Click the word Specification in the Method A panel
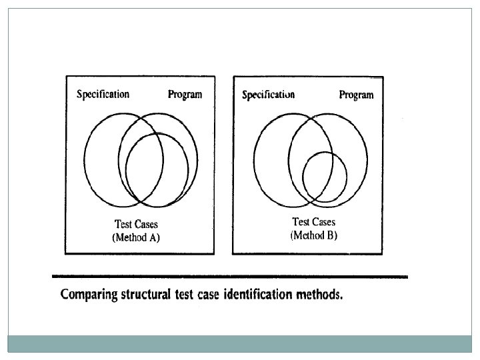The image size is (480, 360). click(x=103, y=94)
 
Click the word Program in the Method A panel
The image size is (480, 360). click(x=185, y=95)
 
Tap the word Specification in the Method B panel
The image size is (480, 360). click(x=268, y=95)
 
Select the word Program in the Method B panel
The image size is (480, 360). click(x=356, y=95)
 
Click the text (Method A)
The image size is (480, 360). click(x=136, y=237)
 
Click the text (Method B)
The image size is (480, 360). click(x=314, y=235)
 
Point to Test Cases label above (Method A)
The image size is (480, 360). click(x=136, y=225)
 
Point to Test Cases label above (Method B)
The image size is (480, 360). click(x=314, y=223)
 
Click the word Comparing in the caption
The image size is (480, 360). click(x=87, y=295)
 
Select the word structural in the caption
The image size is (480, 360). click(x=146, y=294)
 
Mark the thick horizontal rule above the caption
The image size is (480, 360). click(x=229, y=276)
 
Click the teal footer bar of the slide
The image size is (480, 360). click(x=240, y=343)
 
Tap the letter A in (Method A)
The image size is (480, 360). click(x=153, y=237)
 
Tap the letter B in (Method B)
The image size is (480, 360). click(x=331, y=235)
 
